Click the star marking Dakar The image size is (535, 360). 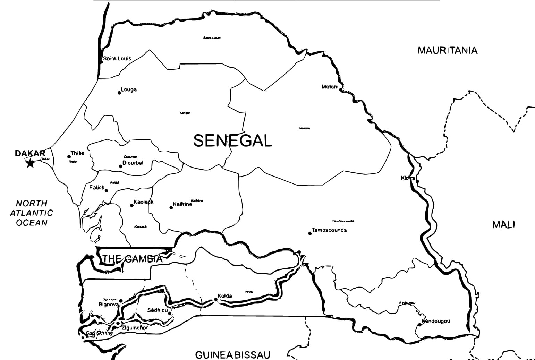click(x=31, y=163)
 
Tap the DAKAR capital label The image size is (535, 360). click(x=30, y=153)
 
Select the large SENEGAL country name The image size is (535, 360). click(x=232, y=141)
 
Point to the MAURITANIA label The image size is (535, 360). click(x=447, y=51)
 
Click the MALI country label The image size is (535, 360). click(x=503, y=225)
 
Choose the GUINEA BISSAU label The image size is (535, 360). click(x=232, y=355)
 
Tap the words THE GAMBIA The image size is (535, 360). click(x=132, y=259)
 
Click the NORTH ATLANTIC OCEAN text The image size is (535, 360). click(x=32, y=213)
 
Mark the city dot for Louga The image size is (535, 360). click(x=119, y=93)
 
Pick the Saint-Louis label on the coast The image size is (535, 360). click(x=117, y=59)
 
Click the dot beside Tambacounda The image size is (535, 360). click(x=310, y=233)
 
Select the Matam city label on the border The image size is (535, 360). click(x=330, y=87)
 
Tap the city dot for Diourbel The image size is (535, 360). click(x=120, y=166)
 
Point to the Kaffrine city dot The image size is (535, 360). click(x=171, y=207)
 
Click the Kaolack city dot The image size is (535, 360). click(x=132, y=205)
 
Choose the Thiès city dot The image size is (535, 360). click(x=69, y=157)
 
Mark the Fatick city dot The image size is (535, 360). click(x=107, y=190)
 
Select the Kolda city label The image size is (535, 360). click(x=225, y=296)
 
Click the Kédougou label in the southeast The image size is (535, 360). click(x=436, y=321)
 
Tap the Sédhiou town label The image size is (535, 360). click(x=157, y=310)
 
